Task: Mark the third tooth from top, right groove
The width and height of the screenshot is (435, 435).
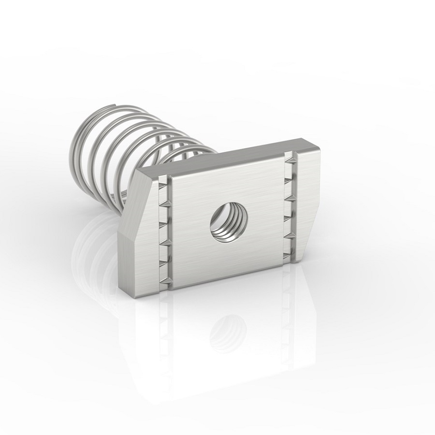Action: point(290,198)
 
